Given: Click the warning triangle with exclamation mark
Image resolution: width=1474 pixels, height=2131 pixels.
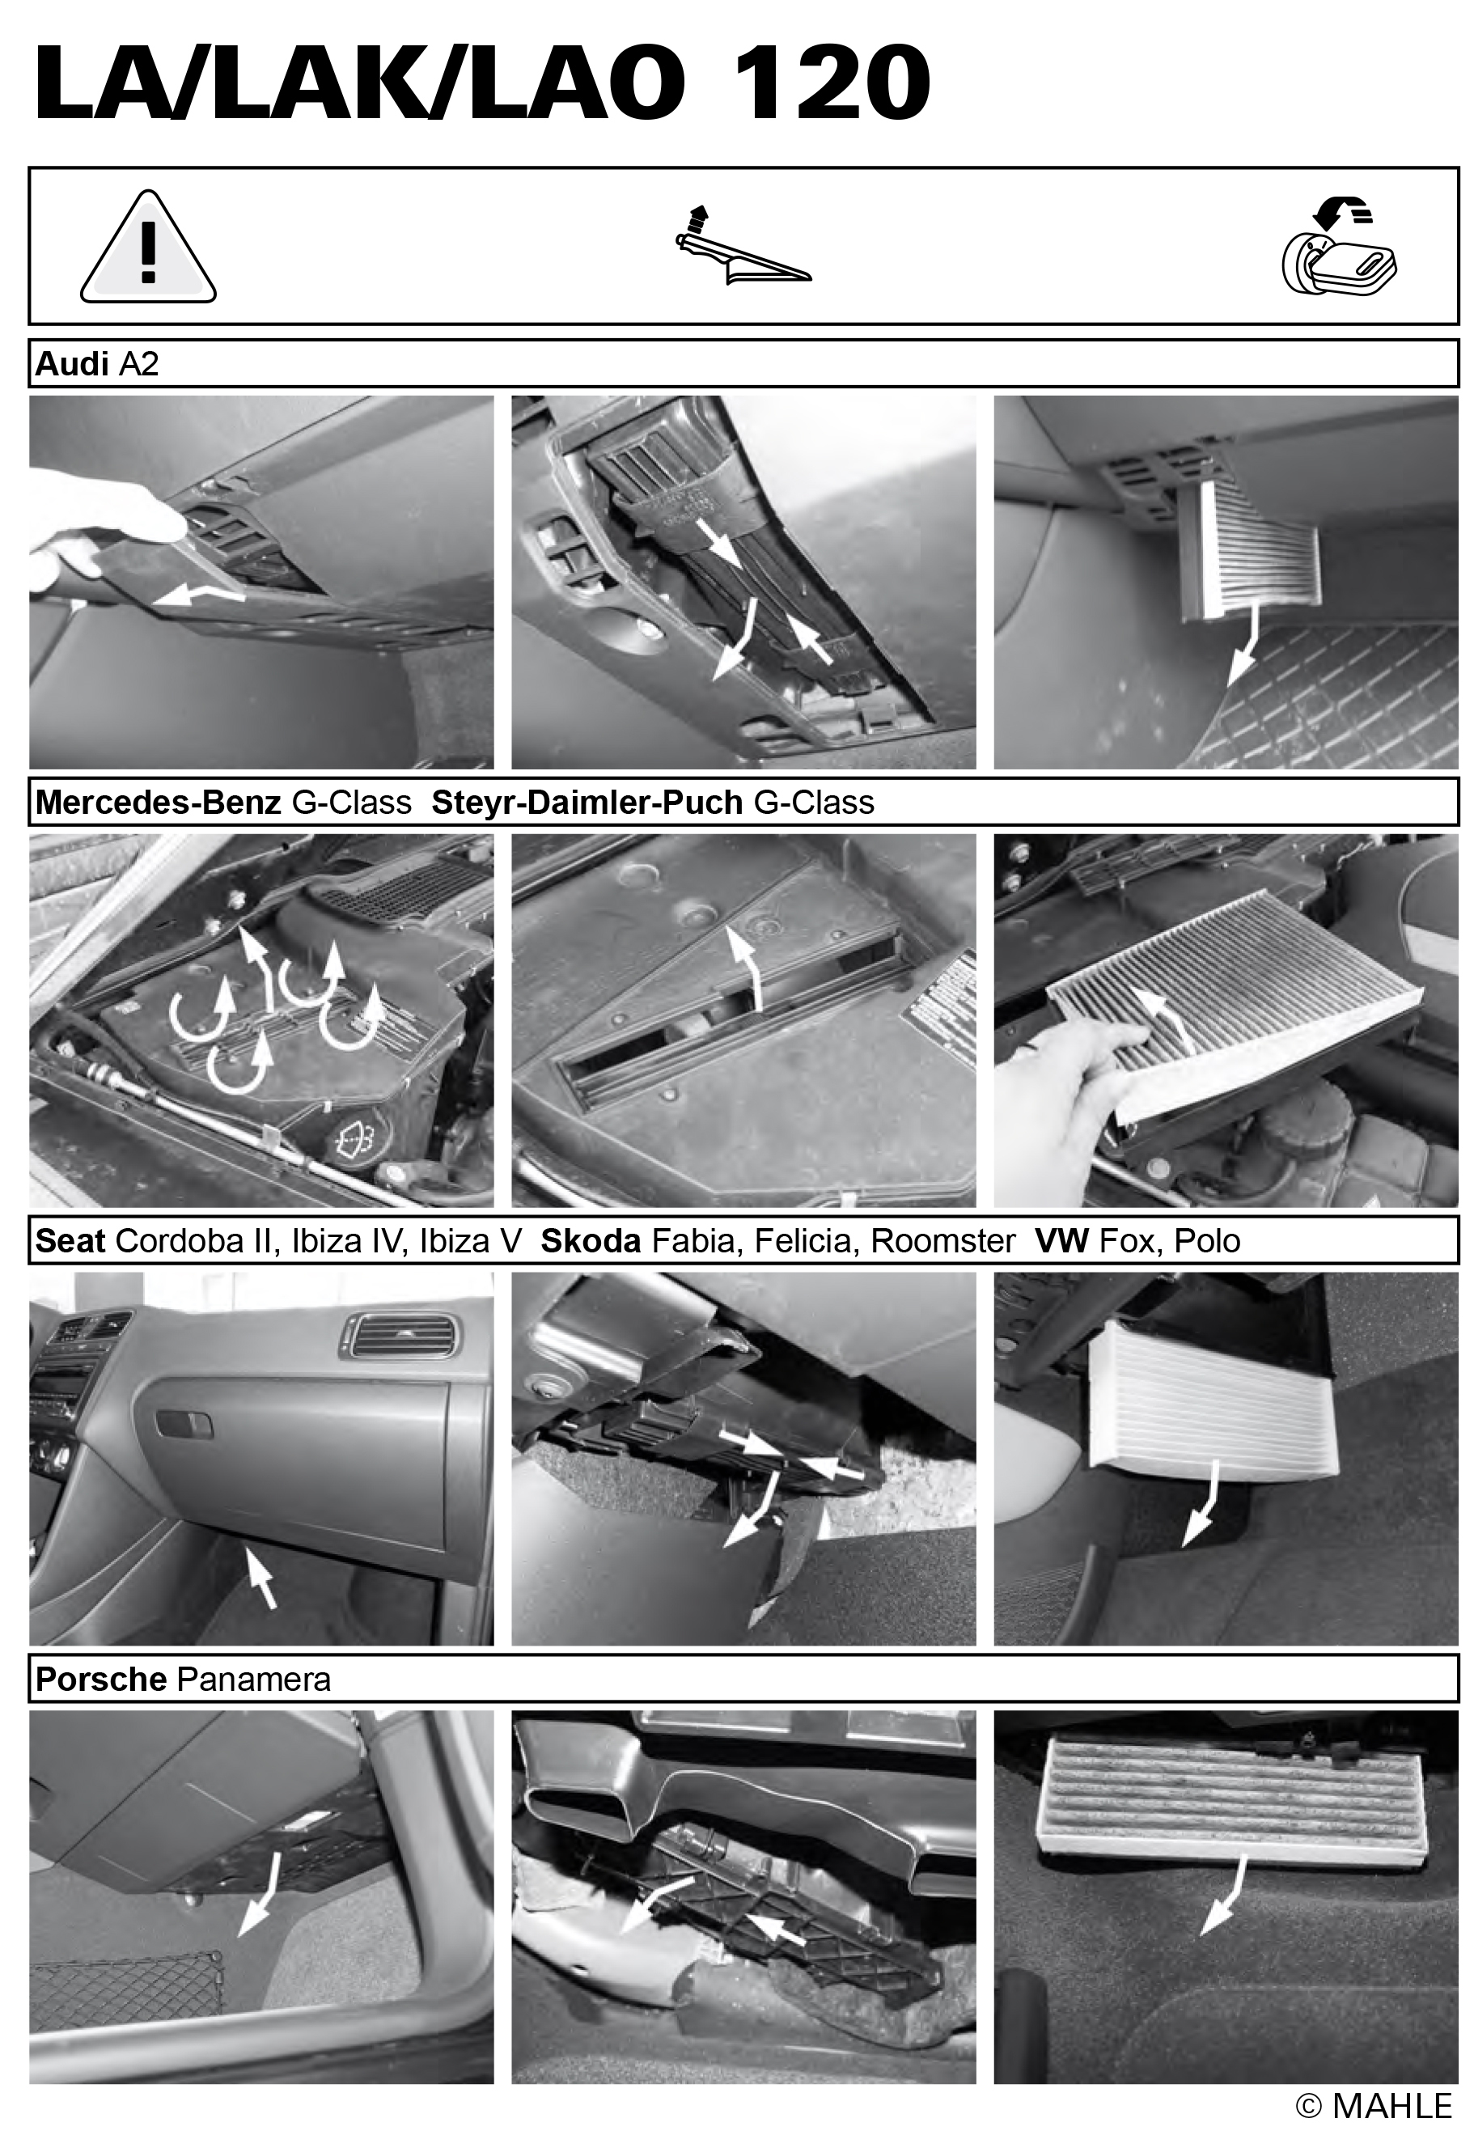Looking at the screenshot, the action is (x=148, y=248).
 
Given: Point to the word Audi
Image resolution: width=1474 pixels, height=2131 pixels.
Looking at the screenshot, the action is (x=72, y=364).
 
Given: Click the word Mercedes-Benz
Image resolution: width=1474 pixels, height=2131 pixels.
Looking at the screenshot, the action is (x=158, y=803).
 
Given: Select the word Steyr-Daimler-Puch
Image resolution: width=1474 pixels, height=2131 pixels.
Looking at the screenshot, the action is (x=587, y=803).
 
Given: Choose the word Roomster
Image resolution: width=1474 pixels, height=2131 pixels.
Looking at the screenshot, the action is (x=943, y=1241).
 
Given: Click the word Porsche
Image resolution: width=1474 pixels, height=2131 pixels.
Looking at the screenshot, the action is (x=100, y=1680).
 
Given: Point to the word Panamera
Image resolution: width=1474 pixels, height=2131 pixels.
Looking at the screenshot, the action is (x=254, y=1680).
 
